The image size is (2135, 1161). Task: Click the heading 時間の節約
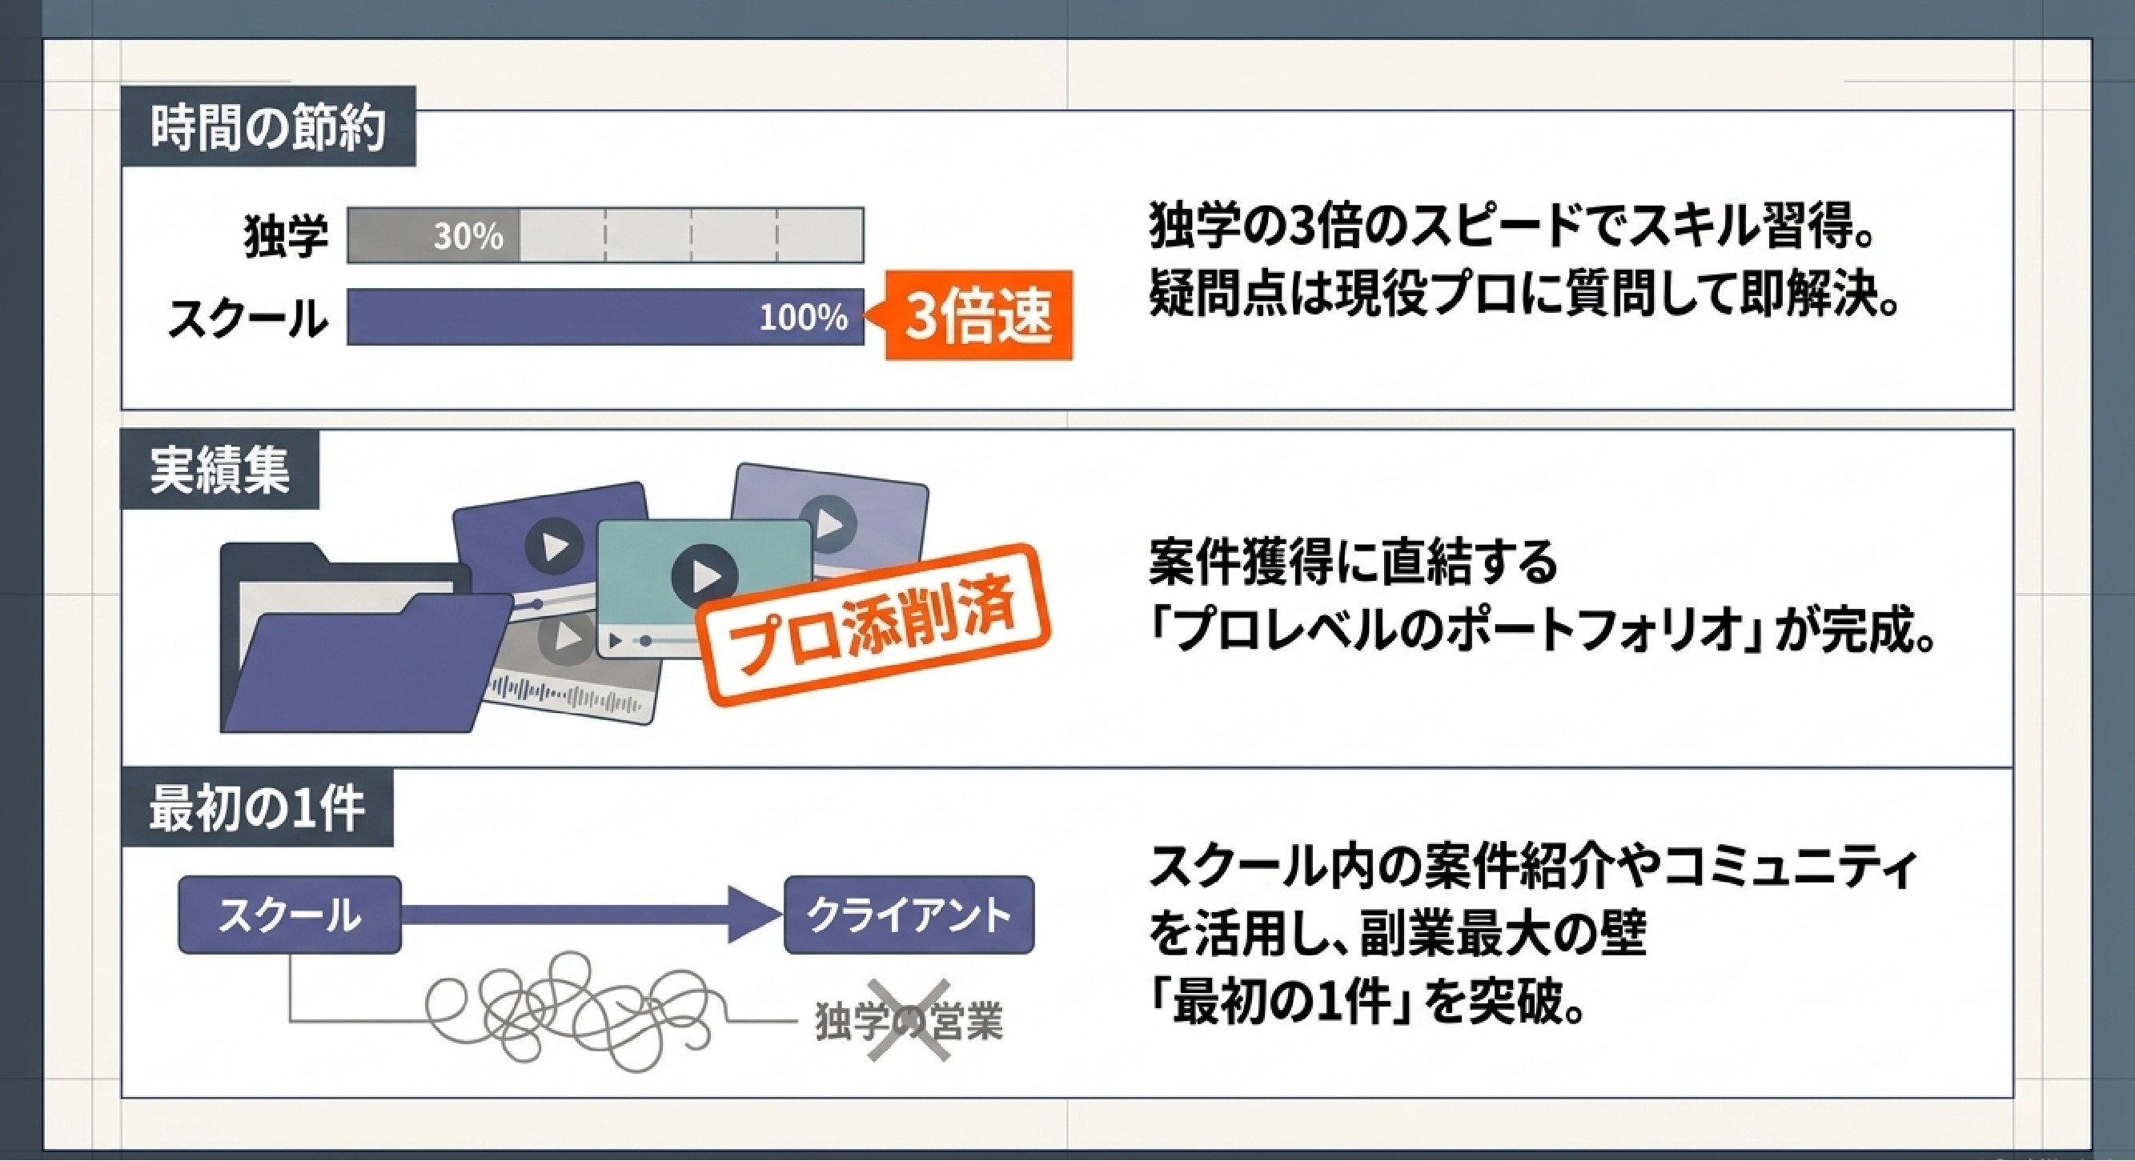[x=267, y=129]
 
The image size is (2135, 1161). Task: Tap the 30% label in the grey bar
[x=468, y=237]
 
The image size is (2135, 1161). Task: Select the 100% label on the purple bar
[x=804, y=318]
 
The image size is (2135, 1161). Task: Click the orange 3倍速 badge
[x=978, y=316]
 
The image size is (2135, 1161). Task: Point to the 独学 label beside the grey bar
[x=285, y=235]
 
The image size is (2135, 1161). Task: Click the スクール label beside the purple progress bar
[x=247, y=319]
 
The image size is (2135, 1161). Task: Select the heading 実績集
[x=219, y=470]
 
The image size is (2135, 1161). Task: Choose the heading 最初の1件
[x=257, y=809]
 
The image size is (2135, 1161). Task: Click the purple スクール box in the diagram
[x=290, y=915]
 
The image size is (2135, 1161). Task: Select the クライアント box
[x=909, y=915]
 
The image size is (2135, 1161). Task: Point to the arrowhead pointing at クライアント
[x=754, y=915]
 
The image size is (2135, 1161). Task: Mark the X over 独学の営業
[x=909, y=1020]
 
